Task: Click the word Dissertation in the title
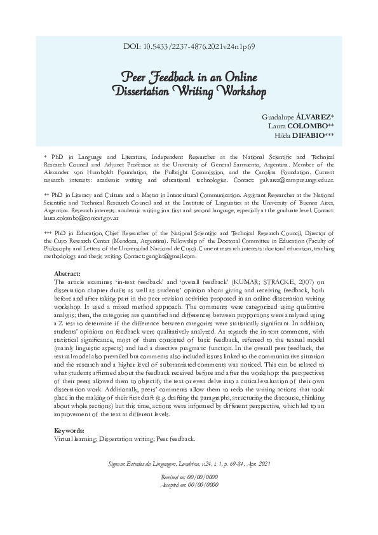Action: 145,91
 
